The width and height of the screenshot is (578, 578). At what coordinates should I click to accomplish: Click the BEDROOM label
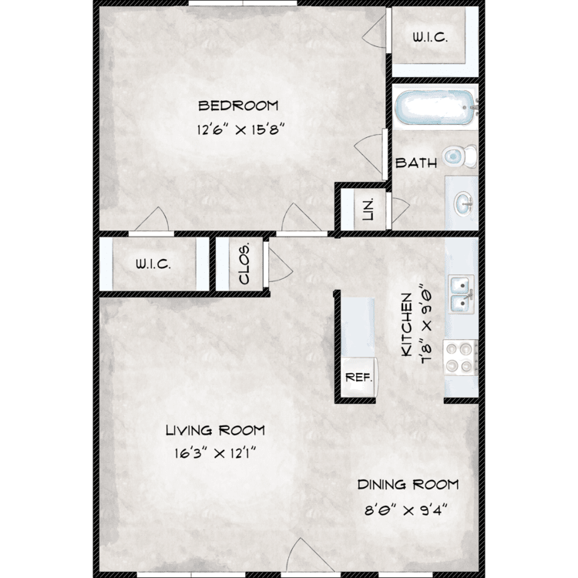(x=238, y=106)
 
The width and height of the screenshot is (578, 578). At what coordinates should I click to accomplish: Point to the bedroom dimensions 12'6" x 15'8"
(x=241, y=129)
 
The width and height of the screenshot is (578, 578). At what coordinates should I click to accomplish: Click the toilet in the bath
(x=459, y=156)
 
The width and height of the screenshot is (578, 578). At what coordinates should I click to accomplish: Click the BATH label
(x=416, y=163)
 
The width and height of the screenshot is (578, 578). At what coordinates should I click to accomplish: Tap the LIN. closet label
(x=368, y=209)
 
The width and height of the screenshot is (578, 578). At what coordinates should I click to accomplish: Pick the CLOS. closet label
(x=244, y=264)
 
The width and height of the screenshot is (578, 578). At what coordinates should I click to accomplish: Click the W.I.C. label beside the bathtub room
(x=430, y=37)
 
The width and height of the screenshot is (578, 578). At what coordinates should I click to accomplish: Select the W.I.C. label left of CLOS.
(x=153, y=264)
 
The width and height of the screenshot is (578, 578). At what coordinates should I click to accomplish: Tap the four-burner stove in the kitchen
(x=460, y=358)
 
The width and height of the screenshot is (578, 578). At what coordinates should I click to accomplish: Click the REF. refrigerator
(x=358, y=378)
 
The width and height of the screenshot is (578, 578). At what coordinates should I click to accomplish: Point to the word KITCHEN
(x=406, y=324)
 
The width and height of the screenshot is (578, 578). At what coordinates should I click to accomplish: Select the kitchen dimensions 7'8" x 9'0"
(x=426, y=323)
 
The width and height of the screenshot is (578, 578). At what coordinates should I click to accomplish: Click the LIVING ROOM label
(x=215, y=430)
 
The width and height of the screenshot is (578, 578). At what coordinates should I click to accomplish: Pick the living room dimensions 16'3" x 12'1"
(x=215, y=453)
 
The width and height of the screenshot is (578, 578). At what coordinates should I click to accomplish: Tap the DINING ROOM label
(x=408, y=485)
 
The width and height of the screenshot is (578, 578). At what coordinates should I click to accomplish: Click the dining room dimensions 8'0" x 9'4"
(x=405, y=510)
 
